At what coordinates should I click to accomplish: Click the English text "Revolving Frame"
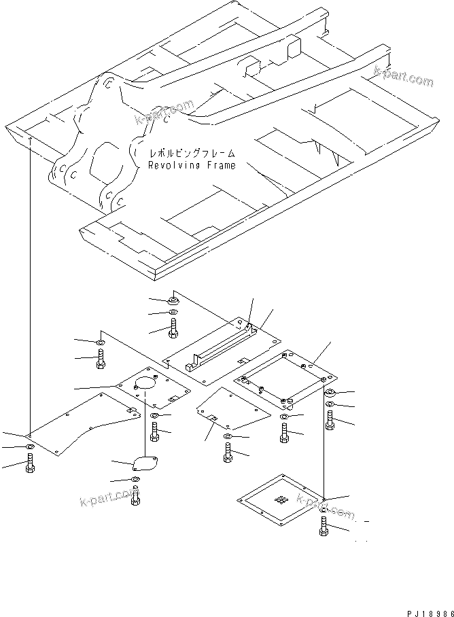point(192,165)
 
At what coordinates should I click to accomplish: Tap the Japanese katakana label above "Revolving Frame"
point(193,153)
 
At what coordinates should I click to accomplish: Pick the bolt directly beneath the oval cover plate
point(136,498)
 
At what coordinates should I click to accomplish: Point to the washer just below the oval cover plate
point(135,482)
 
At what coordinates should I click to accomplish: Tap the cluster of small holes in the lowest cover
point(281,499)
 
